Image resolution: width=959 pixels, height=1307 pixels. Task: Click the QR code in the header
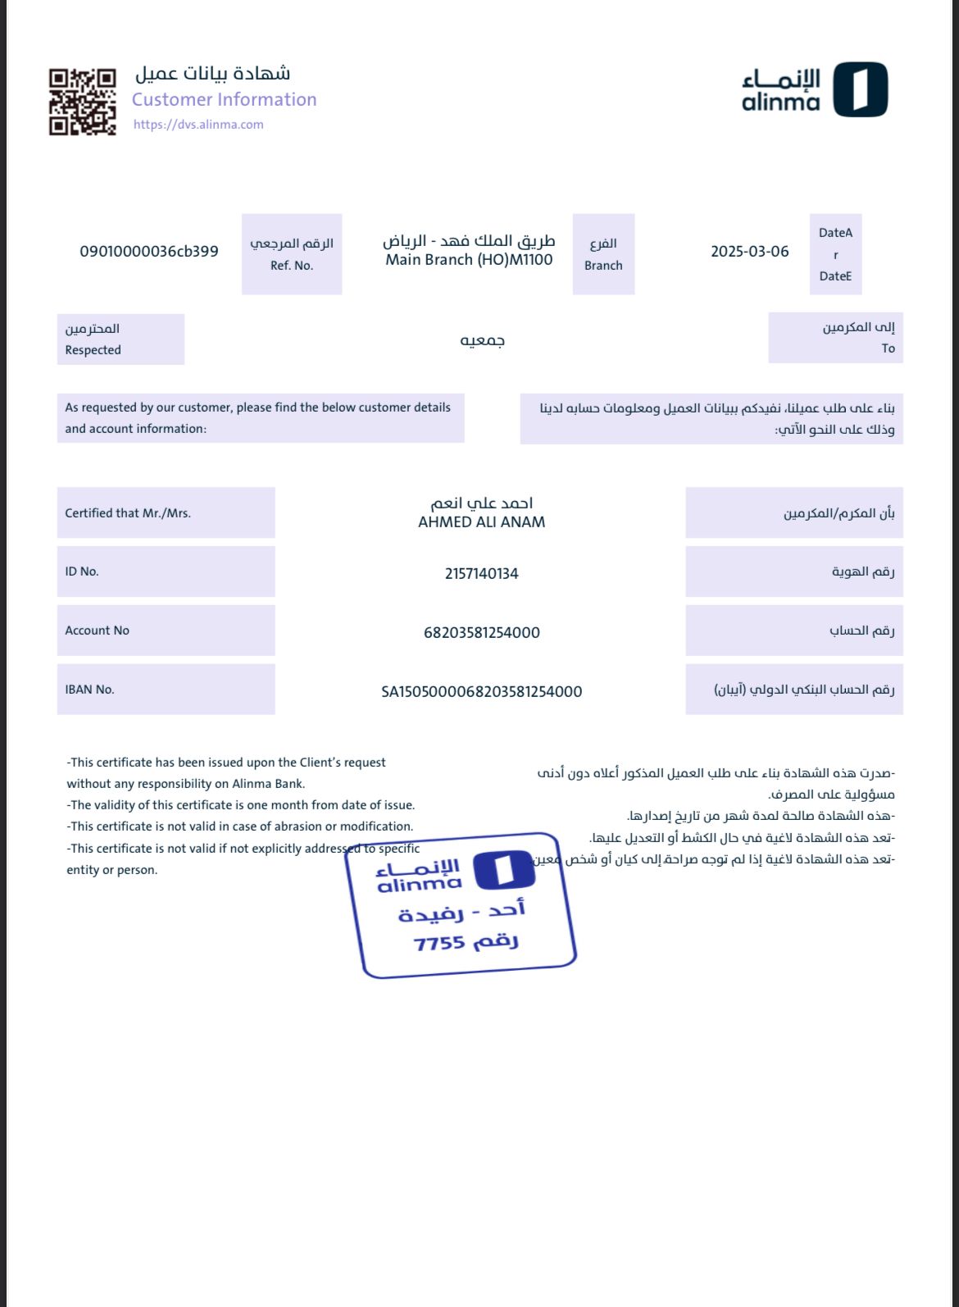click(x=82, y=102)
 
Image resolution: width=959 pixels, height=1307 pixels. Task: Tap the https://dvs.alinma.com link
click(x=198, y=125)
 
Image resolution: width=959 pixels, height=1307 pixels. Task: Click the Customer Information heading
click(x=224, y=99)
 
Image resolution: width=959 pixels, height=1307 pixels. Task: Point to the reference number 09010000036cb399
click(x=148, y=252)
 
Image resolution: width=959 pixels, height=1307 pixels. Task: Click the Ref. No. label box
click(x=292, y=254)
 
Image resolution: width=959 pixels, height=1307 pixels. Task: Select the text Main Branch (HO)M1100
click(x=469, y=260)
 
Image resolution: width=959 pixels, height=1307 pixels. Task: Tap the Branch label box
click(x=603, y=254)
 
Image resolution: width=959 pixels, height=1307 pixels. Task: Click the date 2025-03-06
click(x=749, y=252)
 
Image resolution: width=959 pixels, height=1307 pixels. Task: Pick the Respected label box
click(x=120, y=339)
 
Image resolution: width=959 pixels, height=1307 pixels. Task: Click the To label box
click(x=835, y=338)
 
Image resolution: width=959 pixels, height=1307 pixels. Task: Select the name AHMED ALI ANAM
click(x=481, y=522)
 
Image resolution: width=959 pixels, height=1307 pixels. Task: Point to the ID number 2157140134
click(x=481, y=574)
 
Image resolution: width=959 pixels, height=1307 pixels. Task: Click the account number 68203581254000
click(x=481, y=633)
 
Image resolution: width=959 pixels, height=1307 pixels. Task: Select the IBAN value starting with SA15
click(x=481, y=692)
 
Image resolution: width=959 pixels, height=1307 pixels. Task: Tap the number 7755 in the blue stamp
click(x=439, y=944)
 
